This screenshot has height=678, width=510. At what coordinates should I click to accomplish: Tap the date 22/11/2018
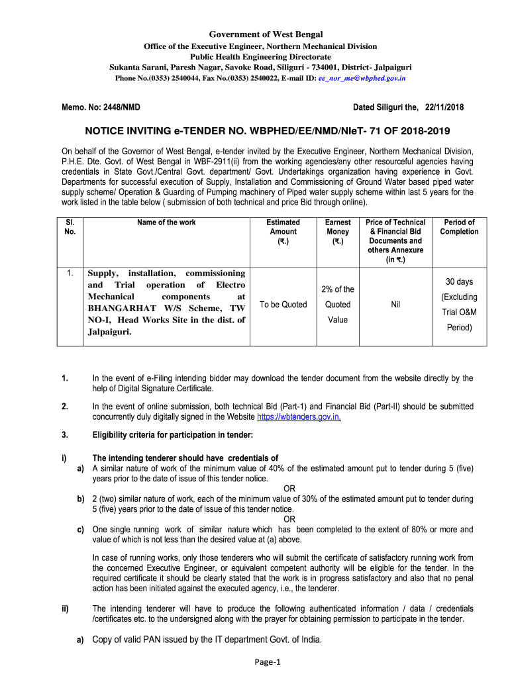(x=444, y=107)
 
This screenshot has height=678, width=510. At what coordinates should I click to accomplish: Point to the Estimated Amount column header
(x=283, y=232)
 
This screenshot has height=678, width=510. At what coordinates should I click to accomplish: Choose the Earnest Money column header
(x=338, y=232)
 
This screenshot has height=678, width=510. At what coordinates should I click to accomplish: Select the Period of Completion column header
(x=459, y=227)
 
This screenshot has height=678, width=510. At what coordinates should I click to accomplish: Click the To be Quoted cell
(x=283, y=305)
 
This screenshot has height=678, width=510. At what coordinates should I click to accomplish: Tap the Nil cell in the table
(x=395, y=305)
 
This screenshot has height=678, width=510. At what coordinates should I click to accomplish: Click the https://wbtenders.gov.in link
(x=299, y=417)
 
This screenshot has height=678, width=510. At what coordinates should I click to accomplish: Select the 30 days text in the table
(x=459, y=282)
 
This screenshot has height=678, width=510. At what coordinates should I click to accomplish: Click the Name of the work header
(x=166, y=222)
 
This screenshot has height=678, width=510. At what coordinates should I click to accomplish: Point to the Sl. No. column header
(x=70, y=227)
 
